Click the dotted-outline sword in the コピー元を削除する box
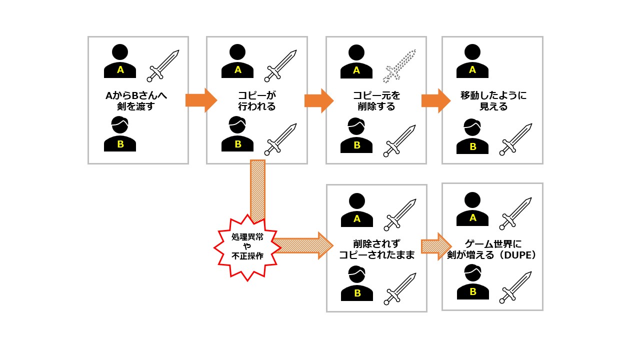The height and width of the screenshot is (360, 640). click(x=399, y=65)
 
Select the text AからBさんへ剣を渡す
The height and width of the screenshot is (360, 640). click(x=138, y=100)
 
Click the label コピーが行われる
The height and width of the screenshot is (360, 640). click(x=257, y=100)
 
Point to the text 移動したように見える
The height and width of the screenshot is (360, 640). click(x=493, y=100)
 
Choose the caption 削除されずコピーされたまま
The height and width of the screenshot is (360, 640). click(x=376, y=249)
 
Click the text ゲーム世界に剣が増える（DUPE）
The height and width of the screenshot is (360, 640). click(x=492, y=249)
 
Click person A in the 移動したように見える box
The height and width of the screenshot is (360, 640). click(x=472, y=61)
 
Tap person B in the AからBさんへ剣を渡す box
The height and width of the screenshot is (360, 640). click(x=120, y=134)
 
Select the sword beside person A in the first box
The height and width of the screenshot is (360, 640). click(x=162, y=65)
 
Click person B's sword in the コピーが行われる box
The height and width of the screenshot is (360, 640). click(x=280, y=139)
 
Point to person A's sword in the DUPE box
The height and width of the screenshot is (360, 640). click(x=516, y=213)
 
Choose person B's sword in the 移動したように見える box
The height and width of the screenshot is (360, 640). click(x=516, y=139)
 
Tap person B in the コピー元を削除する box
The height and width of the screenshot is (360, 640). click(x=356, y=136)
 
